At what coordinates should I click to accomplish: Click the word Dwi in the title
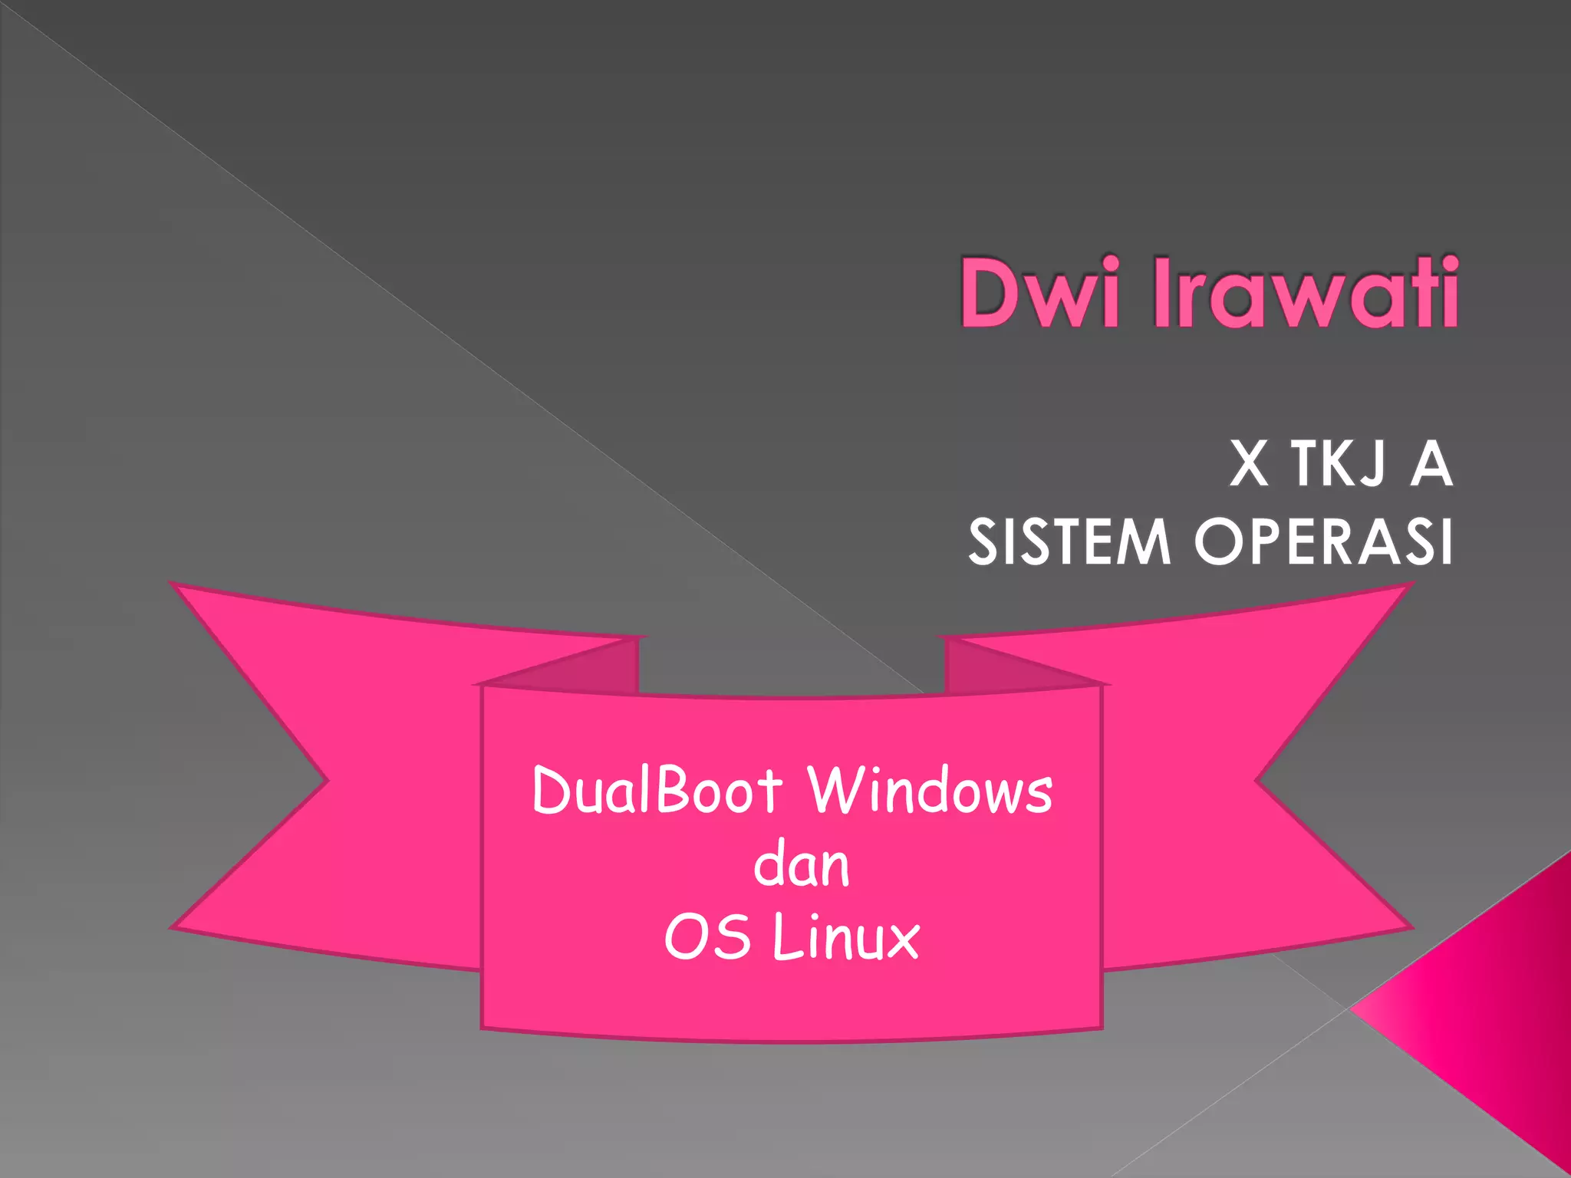[x=1039, y=293]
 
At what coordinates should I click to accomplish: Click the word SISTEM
[x=1069, y=541]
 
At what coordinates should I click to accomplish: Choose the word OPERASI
[x=1323, y=541]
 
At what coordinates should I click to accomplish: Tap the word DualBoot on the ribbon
[x=657, y=790]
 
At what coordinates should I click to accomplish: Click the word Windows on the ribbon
[x=930, y=790]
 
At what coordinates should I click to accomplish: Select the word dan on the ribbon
[x=802, y=865]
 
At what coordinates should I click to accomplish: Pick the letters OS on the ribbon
[x=706, y=937]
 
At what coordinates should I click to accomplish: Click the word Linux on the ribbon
[x=846, y=937]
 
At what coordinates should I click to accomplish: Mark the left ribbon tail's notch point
[x=328, y=781]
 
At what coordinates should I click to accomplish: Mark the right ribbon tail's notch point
[x=1256, y=781]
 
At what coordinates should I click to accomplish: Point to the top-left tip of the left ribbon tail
[x=173, y=585]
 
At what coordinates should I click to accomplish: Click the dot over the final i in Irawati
[x=1447, y=264]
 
